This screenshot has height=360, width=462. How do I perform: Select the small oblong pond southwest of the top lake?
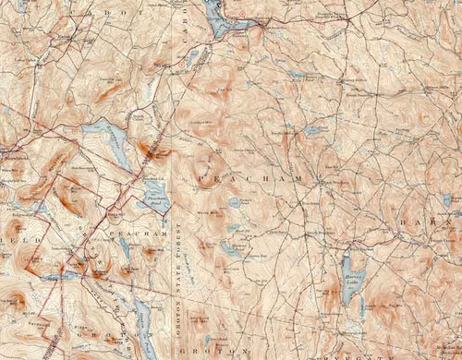(x=191, y=59)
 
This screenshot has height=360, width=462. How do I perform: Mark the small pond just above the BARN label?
(x=447, y=199)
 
